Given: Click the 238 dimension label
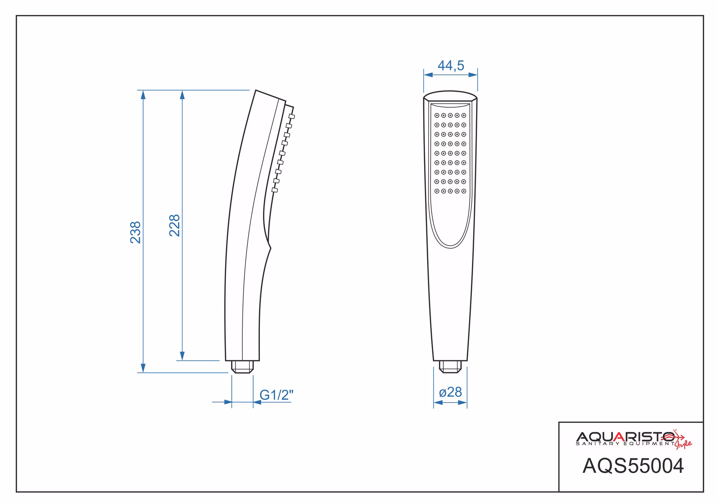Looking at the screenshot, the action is [135, 232].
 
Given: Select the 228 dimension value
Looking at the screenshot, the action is [175, 225].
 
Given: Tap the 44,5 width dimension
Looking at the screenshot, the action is [451, 66].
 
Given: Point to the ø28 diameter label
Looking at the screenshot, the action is [451, 392].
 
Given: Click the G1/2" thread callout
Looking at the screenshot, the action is [277, 395].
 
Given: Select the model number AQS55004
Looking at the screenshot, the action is [633, 466].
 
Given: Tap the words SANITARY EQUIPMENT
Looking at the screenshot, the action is [625, 444].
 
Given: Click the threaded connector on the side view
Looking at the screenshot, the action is [242, 367].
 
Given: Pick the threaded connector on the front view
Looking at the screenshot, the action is [450, 367].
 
